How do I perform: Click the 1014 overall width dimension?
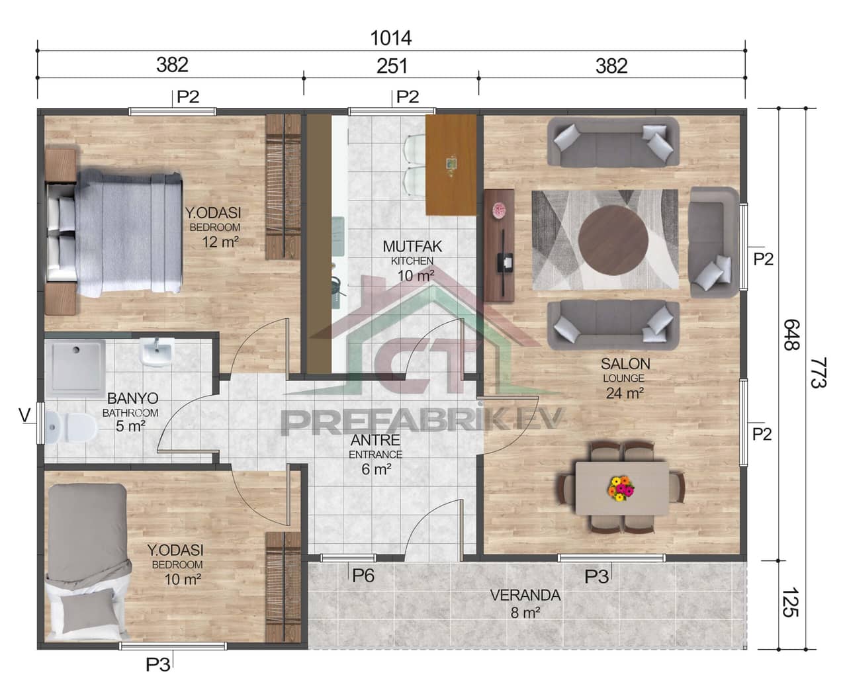[x=391, y=38]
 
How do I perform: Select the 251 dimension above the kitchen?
[x=392, y=65]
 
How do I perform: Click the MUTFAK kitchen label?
[x=412, y=247]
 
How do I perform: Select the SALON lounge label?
[x=625, y=364]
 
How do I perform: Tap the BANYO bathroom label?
[x=132, y=399]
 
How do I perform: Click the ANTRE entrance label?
[x=375, y=440]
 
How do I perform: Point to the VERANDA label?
[x=525, y=595]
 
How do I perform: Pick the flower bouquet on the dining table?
[x=621, y=488]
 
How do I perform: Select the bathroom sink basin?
[x=157, y=352]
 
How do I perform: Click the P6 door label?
[x=363, y=576]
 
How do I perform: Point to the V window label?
[x=24, y=416]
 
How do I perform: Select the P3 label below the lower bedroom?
[x=158, y=664]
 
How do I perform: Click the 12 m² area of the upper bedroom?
[x=220, y=241]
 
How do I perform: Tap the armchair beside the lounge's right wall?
[x=713, y=241]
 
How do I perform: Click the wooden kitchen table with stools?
[x=451, y=165]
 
